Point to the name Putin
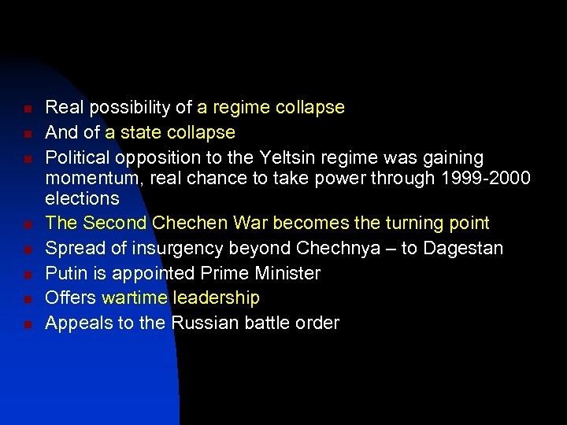(x=63, y=273)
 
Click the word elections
(x=82, y=198)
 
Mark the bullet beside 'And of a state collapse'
(x=27, y=133)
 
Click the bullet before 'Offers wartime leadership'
(x=27, y=299)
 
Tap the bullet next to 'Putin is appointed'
(x=27, y=275)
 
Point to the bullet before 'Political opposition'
(x=27, y=158)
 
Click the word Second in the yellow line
(x=115, y=224)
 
